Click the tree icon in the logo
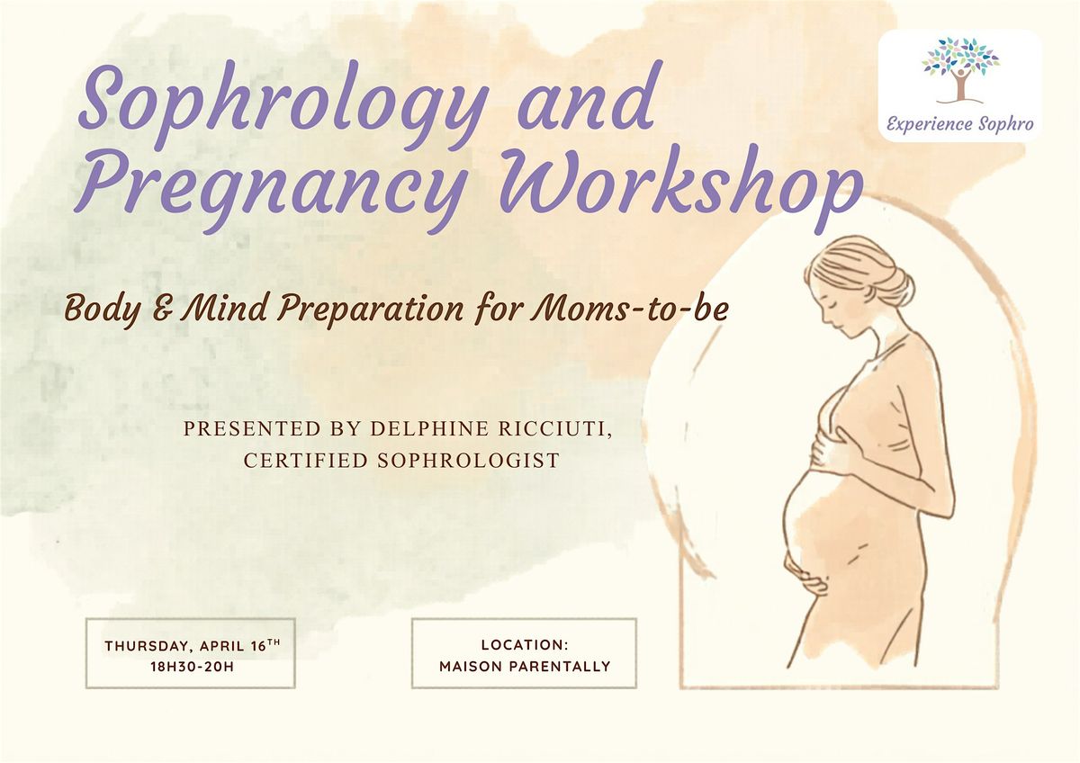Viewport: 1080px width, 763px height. coord(960,71)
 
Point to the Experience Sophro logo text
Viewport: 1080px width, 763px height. coord(960,124)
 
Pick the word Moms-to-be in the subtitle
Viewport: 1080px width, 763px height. coord(629,309)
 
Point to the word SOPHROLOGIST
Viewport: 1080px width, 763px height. coord(468,461)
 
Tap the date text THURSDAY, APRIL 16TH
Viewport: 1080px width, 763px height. coord(193,645)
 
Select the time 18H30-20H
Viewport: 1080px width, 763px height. coord(193,667)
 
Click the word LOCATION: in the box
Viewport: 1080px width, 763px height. coord(525,645)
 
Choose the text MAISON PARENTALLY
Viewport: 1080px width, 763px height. coord(525,666)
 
